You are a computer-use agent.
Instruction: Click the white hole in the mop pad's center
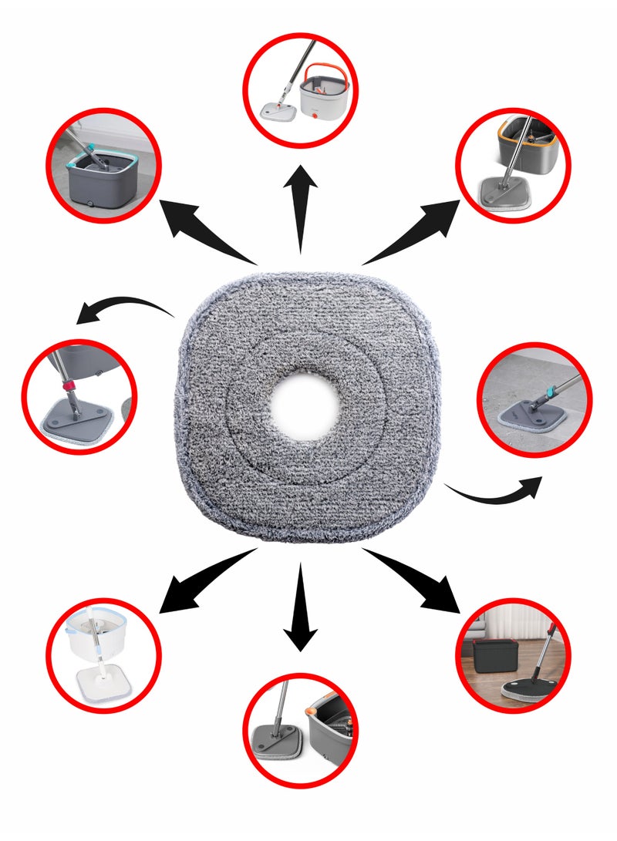[308, 405]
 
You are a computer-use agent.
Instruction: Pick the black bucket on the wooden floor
[493, 659]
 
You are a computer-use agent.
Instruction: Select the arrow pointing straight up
[300, 208]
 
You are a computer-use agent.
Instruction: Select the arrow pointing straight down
[300, 609]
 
